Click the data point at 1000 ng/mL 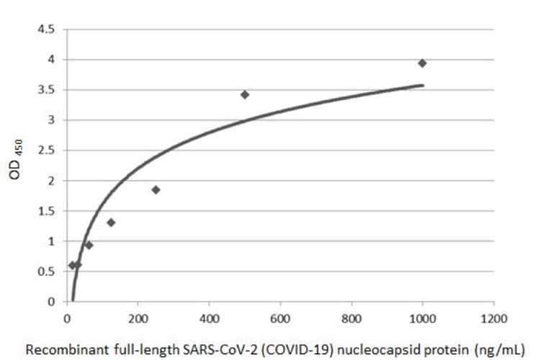tap(422, 63)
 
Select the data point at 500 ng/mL tap(245, 94)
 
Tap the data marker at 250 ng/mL tap(156, 189)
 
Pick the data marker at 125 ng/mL tap(111, 222)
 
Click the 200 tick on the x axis tap(138, 317)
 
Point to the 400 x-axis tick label tap(209, 317)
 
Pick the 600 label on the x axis tap(280, 317)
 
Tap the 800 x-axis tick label tap(351, 317)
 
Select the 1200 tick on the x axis tap(492, 317)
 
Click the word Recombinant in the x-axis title tap(60, 349)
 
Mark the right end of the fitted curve tap(423, 85)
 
